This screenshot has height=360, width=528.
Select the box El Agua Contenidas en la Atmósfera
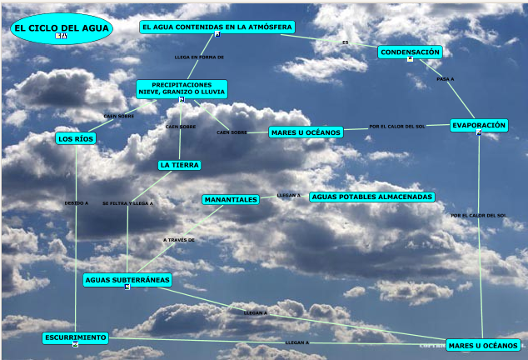tap(217, 27)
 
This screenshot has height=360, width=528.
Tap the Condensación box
tap(410, 52)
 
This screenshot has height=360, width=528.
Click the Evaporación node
tap(479, 125)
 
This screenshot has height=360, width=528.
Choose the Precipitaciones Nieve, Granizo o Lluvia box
tap(182, 88)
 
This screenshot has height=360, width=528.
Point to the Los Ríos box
tap(76, 138)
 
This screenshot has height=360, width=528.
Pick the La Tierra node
tap(179, 165)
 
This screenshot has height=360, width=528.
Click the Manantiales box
tap(231, 199)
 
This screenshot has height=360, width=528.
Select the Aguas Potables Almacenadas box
tap(371, 197)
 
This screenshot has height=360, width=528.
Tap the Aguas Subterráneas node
tap(127, 280)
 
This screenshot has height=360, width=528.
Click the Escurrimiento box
tap(75, 337)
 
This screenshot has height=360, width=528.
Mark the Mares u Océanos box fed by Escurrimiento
tap(483, 345)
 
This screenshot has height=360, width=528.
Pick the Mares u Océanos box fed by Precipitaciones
tap(306, 132)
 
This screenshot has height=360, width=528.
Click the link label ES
tap(346, 42)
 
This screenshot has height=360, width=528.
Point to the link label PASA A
tap(445, 79)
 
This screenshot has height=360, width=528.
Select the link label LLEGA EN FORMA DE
tap(199, 57)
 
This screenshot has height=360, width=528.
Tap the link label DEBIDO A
tap(76, 202)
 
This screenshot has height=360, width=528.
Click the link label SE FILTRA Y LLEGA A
tap(128, 202)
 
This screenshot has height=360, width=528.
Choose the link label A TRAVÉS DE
tap(179, 240)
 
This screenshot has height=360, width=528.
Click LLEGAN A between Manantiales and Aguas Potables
tap(288, 195)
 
